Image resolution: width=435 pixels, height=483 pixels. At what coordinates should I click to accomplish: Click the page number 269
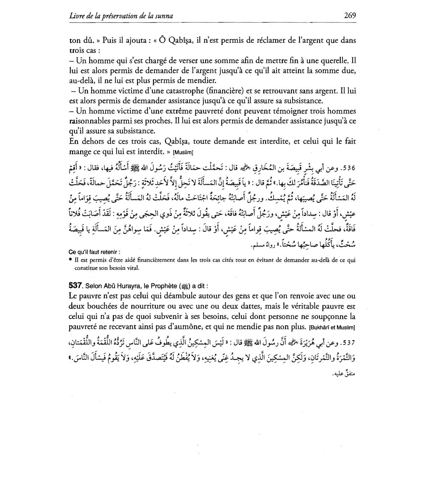pos(350,15)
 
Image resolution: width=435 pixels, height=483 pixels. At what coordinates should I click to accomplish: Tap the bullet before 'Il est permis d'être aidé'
pos(70,260)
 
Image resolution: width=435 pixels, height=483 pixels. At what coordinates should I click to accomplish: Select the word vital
pos(133,268)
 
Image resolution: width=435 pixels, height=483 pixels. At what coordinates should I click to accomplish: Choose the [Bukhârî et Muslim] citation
pos(331,327)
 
